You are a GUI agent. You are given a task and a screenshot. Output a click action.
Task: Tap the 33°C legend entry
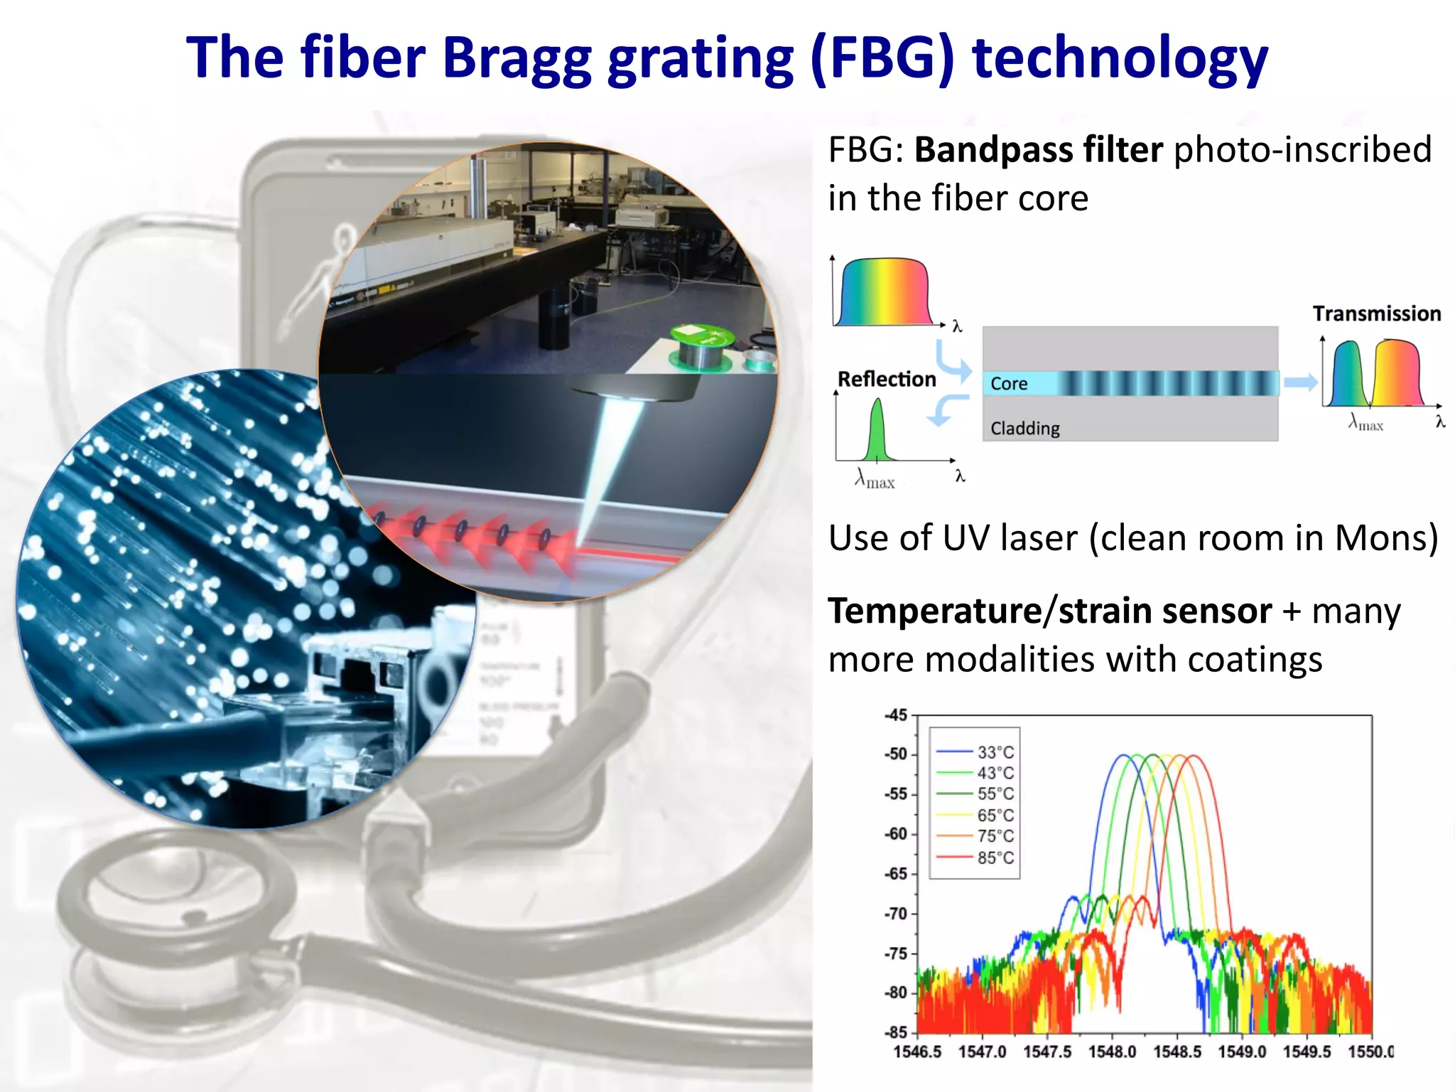coord(995,752)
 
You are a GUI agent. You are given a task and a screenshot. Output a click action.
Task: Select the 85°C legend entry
coord(995,857)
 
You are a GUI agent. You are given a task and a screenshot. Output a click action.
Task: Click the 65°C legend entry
coord(995,815)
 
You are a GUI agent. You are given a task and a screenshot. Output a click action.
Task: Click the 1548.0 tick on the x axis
coord(1113,1051)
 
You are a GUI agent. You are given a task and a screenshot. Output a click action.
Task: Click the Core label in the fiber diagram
coord(1009,384)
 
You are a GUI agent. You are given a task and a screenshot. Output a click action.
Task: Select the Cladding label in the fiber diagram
coord(1025,428)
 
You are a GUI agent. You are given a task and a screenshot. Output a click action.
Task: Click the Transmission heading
coord(1376,314)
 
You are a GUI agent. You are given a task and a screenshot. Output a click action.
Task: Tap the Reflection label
coord(887,379)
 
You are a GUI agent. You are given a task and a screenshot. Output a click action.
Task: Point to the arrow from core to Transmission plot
coord(1300,382)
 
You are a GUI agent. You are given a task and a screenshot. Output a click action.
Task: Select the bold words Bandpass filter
coord(1038,150)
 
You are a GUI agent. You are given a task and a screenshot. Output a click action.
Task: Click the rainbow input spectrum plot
coord(885,293)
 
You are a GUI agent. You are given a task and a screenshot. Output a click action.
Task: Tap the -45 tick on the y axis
coord(897,715)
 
